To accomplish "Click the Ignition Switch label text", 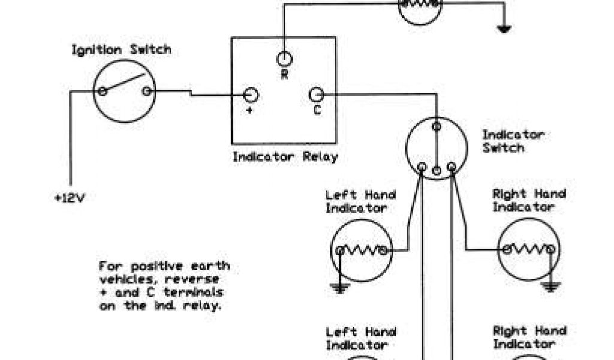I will [121, 50].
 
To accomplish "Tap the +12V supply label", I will [70, 198].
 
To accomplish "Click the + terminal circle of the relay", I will [251, 95].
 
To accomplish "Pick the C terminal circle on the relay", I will [317, 94].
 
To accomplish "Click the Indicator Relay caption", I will [285, 157].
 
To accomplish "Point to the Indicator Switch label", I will [513, 141].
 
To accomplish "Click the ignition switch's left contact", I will [103, 91].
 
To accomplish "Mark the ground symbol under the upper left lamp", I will [340, 289].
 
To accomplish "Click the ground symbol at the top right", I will [504, 27].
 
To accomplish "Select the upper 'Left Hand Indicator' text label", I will [360, 201].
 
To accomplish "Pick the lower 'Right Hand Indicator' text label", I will [529, 337].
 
